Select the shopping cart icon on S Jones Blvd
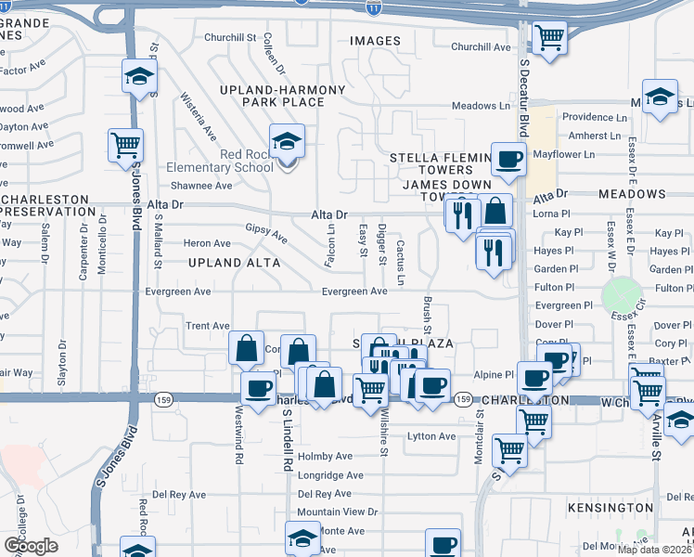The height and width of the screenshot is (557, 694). point(125,145)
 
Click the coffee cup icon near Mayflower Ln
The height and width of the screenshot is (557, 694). point(508,160)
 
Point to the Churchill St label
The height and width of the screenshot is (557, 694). point(230,37)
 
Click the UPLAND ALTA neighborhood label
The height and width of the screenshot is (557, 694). point(227,263)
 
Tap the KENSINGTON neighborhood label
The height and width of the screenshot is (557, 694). point(611,508)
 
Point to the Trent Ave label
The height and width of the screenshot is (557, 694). point(207,326)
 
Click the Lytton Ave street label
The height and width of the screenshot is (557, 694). point(432,436)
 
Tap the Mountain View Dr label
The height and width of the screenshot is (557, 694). point(338,512)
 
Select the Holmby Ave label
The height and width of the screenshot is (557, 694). point(325,457)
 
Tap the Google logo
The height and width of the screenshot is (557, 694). point(31,546)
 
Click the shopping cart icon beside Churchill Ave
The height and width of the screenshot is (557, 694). point(549,38)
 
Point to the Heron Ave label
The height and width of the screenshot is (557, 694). point(207,243)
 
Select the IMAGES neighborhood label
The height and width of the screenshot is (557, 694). point(375,41)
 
